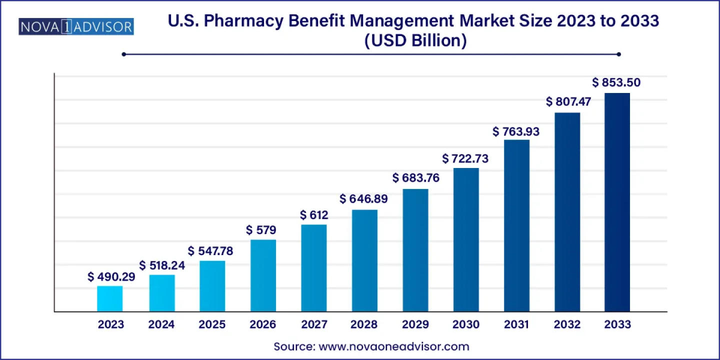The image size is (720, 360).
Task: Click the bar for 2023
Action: coord(110,298)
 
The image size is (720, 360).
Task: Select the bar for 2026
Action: coord(263,275)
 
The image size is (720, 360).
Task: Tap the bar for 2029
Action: coord(415,250)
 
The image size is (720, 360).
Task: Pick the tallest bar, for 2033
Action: coord(617,202)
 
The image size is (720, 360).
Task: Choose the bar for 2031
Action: coord(516,225)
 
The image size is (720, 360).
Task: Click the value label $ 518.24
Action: coord(162,265)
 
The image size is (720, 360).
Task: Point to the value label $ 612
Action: coord(314,215)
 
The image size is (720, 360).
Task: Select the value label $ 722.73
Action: coord(465,159)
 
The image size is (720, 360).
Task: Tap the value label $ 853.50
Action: coord(616,82)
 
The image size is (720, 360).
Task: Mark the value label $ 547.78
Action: coord(210,251)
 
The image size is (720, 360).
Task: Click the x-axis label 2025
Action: coord(212,324)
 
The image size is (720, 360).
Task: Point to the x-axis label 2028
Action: coord(364,324)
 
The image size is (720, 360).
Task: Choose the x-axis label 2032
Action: coord(566,324)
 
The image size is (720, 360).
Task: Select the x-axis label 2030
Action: coord(465,324)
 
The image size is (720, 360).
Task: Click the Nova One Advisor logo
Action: coord(76,26)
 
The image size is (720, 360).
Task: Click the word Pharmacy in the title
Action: coord(276,21)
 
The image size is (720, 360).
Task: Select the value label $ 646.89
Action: coord(363,199)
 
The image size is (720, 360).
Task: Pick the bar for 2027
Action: coord(314,268)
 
